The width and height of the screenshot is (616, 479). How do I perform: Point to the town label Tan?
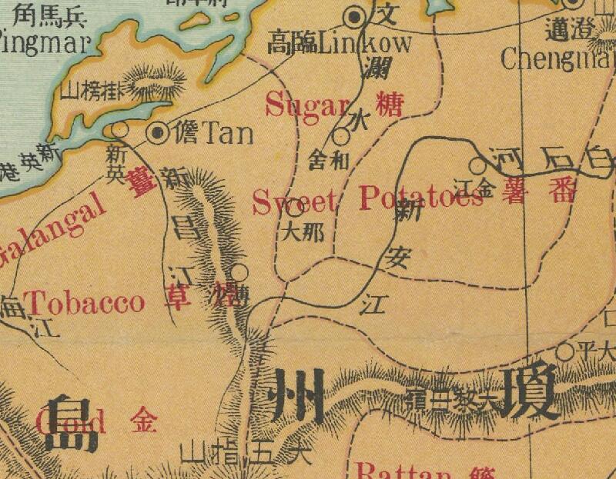pos(226,134)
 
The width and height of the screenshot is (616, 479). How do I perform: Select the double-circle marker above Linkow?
pos(355,16)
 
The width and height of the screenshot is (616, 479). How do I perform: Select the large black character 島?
pos(71,424)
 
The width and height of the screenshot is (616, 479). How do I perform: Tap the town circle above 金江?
pos(477,165)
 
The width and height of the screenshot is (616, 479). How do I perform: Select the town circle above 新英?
pos(119,129)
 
